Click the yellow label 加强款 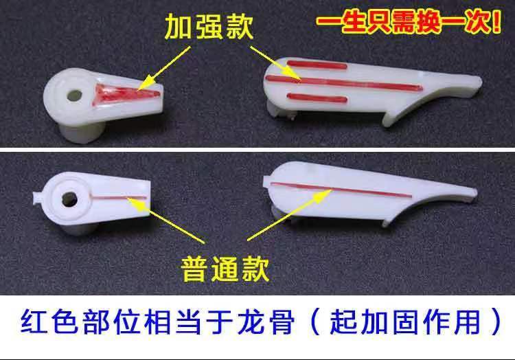coord(209,27)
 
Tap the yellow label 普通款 coord(225,269)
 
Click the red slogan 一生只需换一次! coord(409,22)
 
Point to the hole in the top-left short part coord(74,95)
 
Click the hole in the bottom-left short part coord(69,199)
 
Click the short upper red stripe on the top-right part coord(317,65)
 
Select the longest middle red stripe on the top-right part coord(344,83)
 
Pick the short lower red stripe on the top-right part coord(317,98)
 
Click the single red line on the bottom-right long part coord(341,190)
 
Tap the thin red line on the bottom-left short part coord(117,198)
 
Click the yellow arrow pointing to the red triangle coord(164,67)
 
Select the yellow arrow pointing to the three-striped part coord(276,63)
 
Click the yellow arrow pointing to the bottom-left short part coord(166,220)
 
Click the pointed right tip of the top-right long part coord(481,81)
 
